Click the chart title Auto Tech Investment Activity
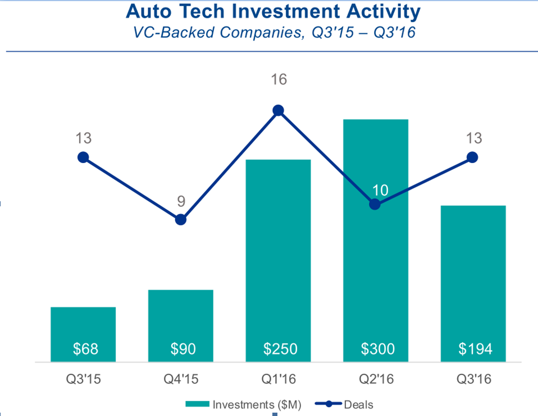coord(273,12)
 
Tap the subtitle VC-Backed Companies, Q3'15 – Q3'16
coord(273,33)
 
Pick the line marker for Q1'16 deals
coord(278,111)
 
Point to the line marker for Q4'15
coord(180,219)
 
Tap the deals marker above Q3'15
coord(83,157)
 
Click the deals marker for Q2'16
coord(375,204)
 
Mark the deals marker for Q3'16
coord(472,157)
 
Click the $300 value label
coord(377,349)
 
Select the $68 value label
coord(85,349)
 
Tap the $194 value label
coord(475,349)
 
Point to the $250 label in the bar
coord(280,349)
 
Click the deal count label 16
coord(279,80)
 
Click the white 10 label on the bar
coord(381,190)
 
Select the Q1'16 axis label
coord(278,379)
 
